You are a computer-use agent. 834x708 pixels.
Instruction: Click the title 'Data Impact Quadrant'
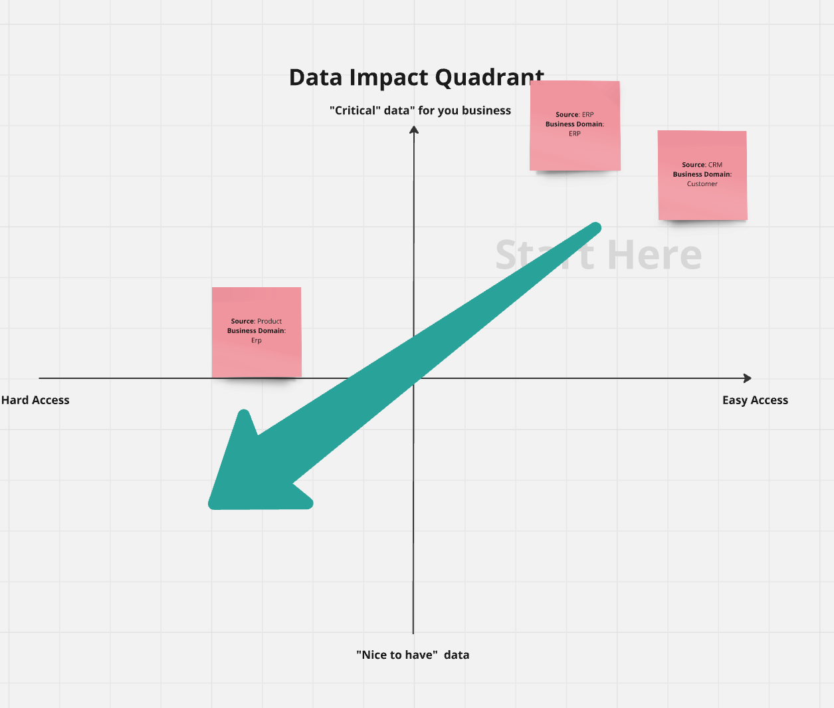pos(416,78)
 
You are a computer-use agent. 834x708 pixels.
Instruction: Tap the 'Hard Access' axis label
pos(35,400)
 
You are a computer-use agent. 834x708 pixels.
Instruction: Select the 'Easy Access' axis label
pos(755,400)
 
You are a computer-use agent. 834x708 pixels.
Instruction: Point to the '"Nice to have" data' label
pos(413,655)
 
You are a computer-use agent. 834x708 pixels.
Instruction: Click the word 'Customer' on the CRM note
pos(702,184)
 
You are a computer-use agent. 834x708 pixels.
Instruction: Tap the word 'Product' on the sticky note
pos(269,321)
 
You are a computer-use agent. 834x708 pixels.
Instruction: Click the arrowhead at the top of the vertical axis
pos(414,129)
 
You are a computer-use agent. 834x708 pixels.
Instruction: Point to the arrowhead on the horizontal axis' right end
pos(748,378)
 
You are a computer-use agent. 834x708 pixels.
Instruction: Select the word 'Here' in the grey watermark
pos(655,255)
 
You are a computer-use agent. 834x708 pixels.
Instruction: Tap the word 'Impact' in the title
pos(389,78)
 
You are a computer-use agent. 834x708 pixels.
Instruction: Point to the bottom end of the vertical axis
pos(413,632)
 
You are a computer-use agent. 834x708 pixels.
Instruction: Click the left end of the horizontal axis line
pos(41,378)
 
